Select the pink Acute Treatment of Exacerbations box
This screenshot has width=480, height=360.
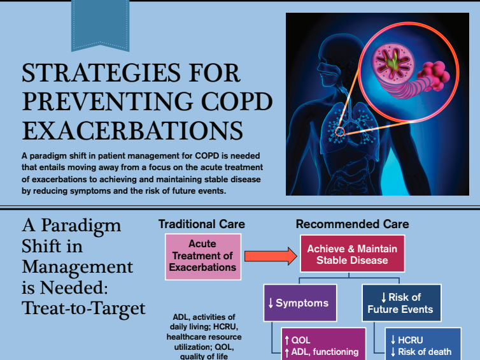pyautogui.click(x=203, y=256)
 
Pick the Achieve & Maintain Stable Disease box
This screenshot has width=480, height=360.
pyautogui.click(x=351, y=254)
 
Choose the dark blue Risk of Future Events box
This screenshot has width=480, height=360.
pyautogui.click(x=400, y=303)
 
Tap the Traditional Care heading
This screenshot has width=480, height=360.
pyautogui.click(x=202, y=224)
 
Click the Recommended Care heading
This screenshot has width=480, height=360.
pyautogui.click(x=352, y=224)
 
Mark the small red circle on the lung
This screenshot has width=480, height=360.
pyautogui.click(x=340, y=132)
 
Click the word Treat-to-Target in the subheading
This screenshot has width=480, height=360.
pyautogui.click(x=83, y=308)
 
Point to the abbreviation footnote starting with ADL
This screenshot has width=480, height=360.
pyautogui.click(x=204, y=336)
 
